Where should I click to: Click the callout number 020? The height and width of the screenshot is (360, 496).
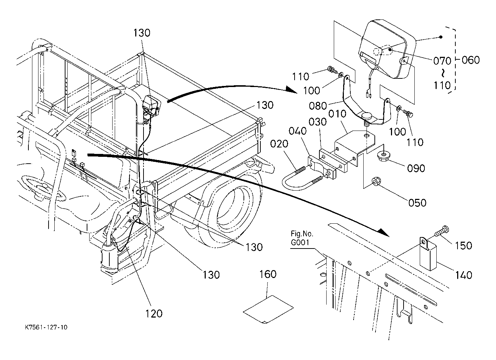(279, 144)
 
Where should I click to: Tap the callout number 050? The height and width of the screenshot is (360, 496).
(417, 203)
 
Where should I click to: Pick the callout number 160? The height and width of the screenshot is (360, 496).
(268, 274)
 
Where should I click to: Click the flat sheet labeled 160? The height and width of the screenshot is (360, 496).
(268, 310)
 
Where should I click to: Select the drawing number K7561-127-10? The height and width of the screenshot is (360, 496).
(46, 328)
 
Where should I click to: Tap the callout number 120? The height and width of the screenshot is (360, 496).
(154, 314)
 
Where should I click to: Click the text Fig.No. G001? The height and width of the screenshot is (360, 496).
(302, 238)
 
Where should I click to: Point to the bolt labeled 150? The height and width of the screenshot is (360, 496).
(442, 231)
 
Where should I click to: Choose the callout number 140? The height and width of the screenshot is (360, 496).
(464, 275)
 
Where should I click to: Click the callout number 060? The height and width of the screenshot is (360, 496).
(471, 60)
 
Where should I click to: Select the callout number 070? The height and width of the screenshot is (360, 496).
(442, 61)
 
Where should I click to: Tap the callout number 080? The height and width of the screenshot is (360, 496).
(318, 106)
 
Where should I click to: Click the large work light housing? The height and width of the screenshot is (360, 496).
(387, 49)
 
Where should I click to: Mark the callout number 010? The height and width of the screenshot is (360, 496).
(337, 114)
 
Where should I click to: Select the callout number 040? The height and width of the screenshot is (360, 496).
(297, 131)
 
